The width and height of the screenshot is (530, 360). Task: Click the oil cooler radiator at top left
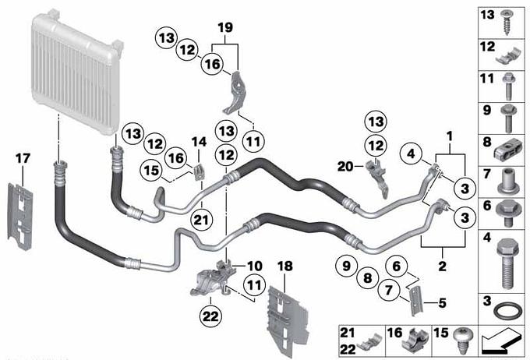[77, 70]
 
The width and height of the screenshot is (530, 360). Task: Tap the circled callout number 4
[411, 154]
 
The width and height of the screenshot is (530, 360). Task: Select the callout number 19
[225, 27]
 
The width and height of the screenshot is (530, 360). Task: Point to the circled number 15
[151, 171]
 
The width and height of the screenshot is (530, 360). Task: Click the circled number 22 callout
[210, 316]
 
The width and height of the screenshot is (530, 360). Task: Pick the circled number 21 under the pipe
[201, 221]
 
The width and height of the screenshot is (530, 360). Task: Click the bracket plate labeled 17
[20, 217]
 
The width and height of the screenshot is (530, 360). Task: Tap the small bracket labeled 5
[415, 301]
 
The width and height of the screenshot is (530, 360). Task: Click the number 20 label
[345, 166]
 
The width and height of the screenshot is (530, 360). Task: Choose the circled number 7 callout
[389, 290]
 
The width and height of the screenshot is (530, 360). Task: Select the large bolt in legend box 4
[507, 263]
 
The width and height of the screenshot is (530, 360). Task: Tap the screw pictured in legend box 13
[507, 23]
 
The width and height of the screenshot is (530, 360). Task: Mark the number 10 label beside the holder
[254, 266]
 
